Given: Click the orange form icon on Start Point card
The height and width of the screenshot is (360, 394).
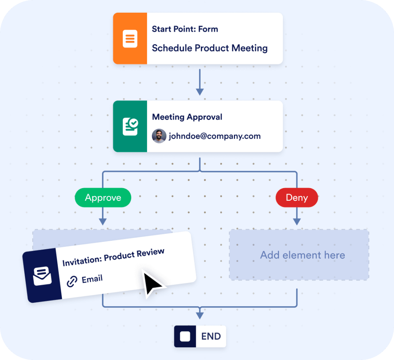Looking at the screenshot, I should tap(130, 38).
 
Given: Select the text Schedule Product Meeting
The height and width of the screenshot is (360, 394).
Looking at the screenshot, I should tap(210, 48).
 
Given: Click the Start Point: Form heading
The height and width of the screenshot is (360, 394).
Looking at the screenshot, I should tap(185, 29).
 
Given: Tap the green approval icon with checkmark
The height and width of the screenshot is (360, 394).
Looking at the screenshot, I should tap(130, 126).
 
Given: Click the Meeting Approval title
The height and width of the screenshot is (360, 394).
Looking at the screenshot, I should tap(187, 117).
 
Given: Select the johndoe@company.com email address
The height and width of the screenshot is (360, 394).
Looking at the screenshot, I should tap(214, 136).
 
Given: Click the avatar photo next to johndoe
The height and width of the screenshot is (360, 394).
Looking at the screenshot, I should tap(159, 136).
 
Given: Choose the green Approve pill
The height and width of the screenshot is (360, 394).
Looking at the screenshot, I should tap(103, 198).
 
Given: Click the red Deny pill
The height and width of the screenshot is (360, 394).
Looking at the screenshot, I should tap(297, 198).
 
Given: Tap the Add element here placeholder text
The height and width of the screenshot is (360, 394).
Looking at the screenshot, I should tap(302, 255).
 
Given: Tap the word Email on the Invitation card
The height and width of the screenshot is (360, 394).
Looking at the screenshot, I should tap(92, 278).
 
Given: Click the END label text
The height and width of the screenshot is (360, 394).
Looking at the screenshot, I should tap(211, 337).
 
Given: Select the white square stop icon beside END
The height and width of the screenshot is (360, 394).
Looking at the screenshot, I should tap(185, 337).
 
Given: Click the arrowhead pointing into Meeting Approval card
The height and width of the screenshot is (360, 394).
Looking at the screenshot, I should tap(199, 92).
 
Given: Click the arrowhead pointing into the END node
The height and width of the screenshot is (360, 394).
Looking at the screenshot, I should tap(199, 315).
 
